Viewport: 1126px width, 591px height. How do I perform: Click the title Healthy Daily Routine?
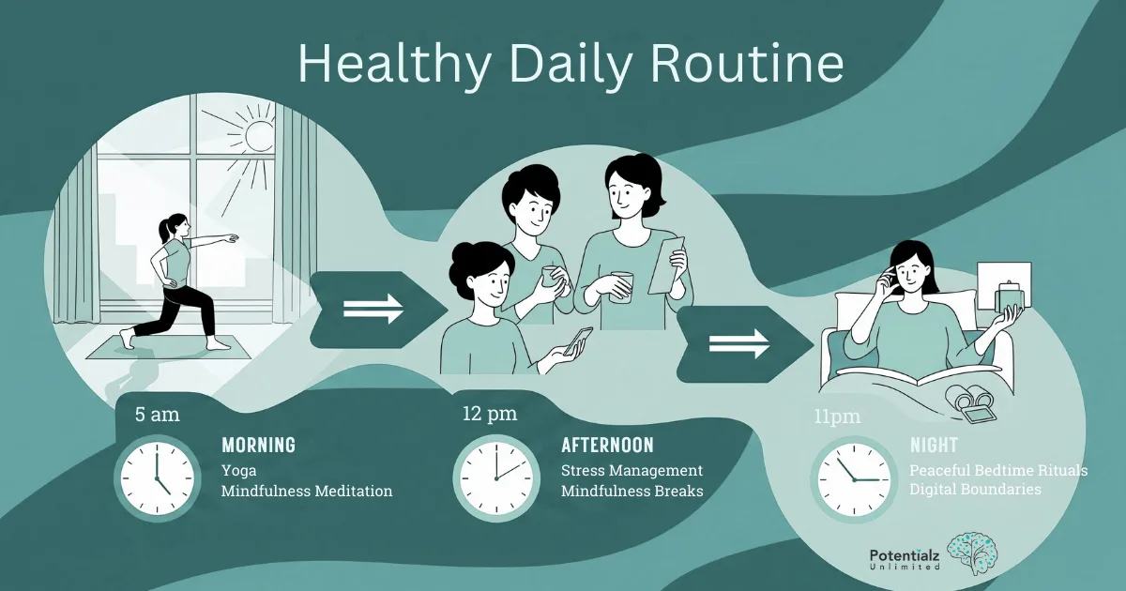(571, 64)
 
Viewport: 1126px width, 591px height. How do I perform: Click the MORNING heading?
(258, 445)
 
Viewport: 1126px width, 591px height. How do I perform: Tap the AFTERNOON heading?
(607, 445)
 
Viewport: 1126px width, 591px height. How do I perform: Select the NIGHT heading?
(933, 445)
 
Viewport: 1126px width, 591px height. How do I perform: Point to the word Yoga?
(238, 469)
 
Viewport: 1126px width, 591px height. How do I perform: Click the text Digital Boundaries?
(975, 490)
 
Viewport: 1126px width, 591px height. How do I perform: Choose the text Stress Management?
(631, 470)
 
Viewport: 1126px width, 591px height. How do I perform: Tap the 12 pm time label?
(489, 413)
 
